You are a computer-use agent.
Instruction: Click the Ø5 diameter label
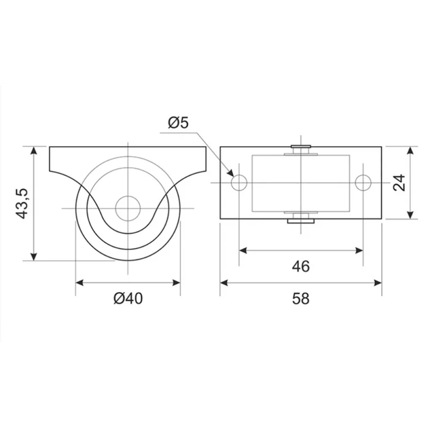click(178, 122)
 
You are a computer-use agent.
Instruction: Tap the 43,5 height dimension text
click(21, 203)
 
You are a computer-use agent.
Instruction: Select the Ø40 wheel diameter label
click(128, 298)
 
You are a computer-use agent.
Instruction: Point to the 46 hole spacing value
click(301, 266)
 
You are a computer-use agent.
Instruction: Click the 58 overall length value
click(301, 298)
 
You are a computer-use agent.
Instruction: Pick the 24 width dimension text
click(399, 182)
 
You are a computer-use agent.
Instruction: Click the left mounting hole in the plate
click(239, 182)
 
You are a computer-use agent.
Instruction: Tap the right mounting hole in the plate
click(363, 182)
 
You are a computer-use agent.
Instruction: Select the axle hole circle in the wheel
click(128, 209)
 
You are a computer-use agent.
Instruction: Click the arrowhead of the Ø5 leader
click(231, 173)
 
